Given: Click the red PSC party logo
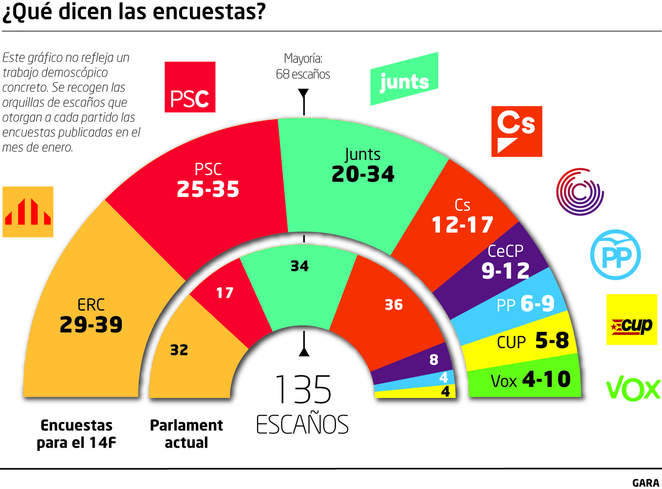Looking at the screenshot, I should pos(190,87).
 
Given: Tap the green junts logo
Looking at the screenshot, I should pos(404,79).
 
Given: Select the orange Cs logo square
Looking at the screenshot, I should pos(516,132).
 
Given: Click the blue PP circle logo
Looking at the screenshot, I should pos(615,255).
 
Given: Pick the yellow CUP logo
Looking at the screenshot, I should pos(631,319).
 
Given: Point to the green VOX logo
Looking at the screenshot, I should pos(633,388).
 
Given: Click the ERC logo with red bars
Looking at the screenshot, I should pos(28,212).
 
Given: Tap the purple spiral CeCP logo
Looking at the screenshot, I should pos(580,192).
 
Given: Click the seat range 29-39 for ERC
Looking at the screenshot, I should pos(91,324).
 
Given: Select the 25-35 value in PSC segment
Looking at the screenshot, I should pos(208,189).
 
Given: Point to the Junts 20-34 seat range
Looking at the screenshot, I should pos(363,174).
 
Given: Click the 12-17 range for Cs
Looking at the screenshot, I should pos(462,225).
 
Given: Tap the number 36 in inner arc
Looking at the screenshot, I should pos(393,305).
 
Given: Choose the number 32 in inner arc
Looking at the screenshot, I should pos(179,350).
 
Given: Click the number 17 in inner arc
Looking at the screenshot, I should pos(225,293).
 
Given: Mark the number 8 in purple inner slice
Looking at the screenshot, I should pos(434,360).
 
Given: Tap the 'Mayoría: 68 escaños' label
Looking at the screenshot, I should pos(303,66).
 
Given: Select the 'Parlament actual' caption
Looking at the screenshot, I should pos(186,434).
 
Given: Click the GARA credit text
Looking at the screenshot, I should pos(645,483).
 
